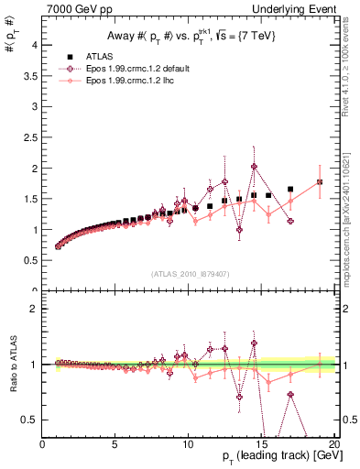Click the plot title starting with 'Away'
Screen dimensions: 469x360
click(188, 37)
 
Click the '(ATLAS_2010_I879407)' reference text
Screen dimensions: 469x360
click(190, 273)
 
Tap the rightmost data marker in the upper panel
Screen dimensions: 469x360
click(320, 181)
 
